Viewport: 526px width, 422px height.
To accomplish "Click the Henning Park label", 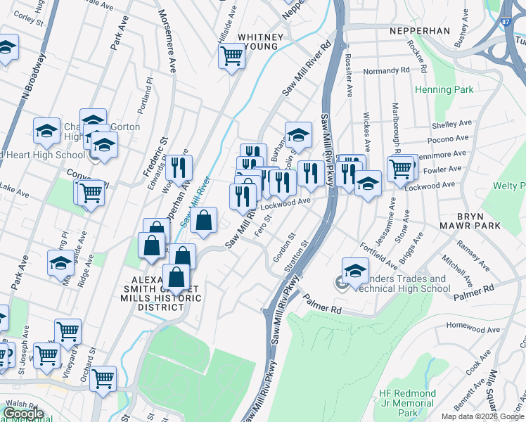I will [x=444, y=89].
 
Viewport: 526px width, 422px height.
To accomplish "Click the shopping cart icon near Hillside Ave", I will [x=231, y=55].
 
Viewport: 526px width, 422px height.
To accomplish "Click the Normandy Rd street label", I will [x=386, y=71].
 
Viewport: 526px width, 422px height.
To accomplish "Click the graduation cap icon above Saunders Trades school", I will [x=355, y=269].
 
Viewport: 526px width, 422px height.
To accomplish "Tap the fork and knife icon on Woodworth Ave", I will [x=179, y=167].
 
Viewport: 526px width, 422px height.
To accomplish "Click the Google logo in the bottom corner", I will [x=23, y=413].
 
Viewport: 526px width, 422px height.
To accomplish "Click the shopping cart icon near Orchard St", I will [x=103, y=378].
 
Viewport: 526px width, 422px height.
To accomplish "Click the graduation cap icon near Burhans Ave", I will [x=297, y=134].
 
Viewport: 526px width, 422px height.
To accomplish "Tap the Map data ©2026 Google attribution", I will [x=482, y=416].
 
